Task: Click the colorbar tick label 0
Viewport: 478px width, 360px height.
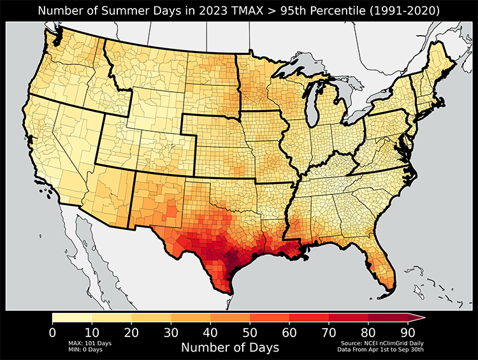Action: coord(52,331)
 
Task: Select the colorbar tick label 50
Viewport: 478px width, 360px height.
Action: coord(249,331)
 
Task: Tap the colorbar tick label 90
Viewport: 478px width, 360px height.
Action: coord(407,331)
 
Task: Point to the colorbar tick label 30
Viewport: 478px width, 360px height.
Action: coord(170,331)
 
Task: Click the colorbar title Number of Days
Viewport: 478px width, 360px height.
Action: coord(230,347)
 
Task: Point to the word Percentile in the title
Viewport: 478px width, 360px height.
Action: coord(321,11)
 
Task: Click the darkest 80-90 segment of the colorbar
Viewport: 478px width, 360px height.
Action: coord(387,317)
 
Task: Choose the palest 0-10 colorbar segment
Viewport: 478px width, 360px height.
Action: coord(72,317)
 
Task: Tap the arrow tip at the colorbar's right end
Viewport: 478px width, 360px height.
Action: coord(422,317)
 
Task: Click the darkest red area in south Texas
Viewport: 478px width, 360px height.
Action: coord(229,261)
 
